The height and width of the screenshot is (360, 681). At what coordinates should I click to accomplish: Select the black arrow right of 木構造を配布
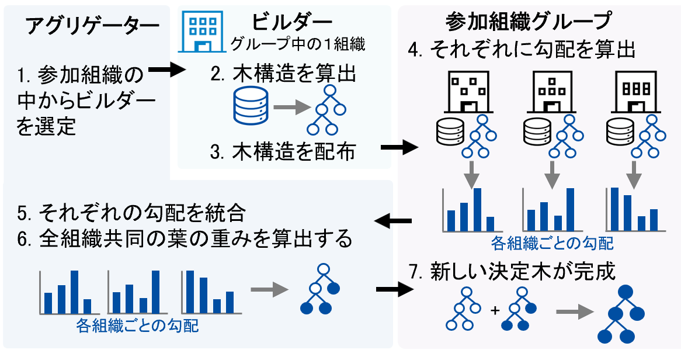click(x=398, y=148)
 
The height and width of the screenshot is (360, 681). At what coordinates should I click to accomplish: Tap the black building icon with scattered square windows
click(x=465, y=93)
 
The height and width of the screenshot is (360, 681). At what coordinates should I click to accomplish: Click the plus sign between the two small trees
click(x=495, y=311)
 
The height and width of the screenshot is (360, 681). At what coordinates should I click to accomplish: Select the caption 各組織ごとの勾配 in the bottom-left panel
click(x=137, y=326)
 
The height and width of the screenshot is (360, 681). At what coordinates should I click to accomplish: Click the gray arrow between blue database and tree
click(x=290, y=108)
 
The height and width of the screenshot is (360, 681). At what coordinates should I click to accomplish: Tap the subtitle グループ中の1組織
click(x=301, y=44)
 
